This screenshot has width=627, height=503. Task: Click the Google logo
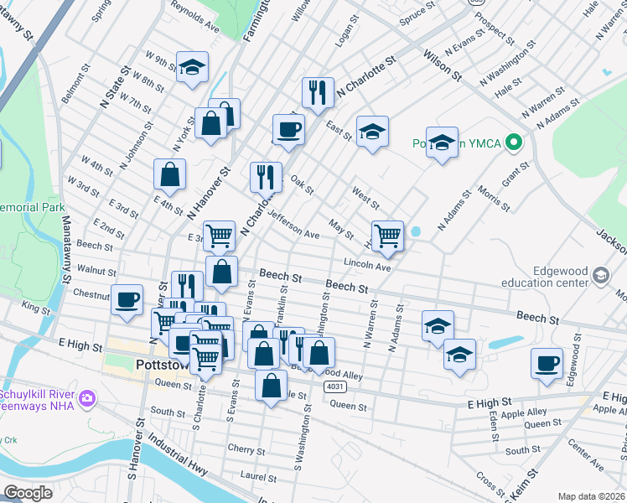pos(28,493)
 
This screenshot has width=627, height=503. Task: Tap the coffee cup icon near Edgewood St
pos(547,364)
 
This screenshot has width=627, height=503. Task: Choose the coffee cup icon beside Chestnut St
pos(127,299)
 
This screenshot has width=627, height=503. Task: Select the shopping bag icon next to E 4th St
pos(169,175)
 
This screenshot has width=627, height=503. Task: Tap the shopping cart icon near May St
pos(386,236)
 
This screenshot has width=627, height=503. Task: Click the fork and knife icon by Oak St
pos(266,177)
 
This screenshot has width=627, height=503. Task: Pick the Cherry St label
pos(246,449)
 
